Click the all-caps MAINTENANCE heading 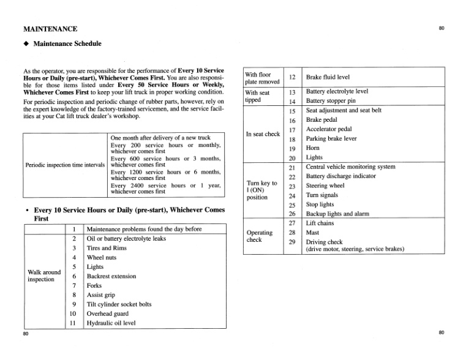(x=50, y=29)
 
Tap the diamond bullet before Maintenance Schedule (x=26, y=44)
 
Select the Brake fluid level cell (x=328, y=78)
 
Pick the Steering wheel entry (x=326, y=186)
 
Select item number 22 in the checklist (x=291, y=177)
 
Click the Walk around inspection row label (x=44, y=276)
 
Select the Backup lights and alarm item (x=339, y=214)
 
